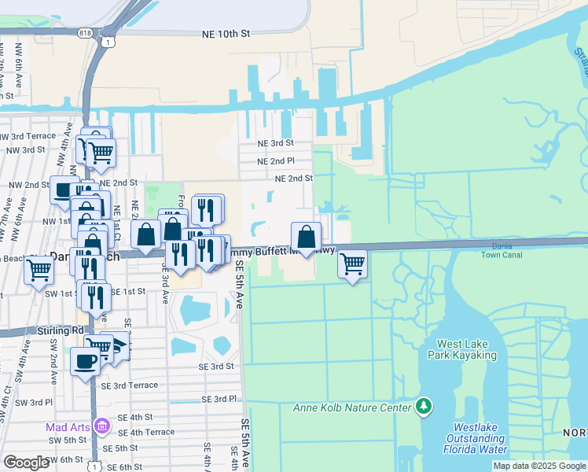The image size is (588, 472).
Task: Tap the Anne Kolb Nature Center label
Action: (x=352, y=407)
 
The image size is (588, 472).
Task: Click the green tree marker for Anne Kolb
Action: (x=424, y=406)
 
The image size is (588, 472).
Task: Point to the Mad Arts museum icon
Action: (x=102, y=426)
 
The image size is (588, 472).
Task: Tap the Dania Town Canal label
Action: (x=502, y=251)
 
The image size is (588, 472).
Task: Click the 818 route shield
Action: (x=85, y=33)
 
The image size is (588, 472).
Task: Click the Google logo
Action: (x=25, y=463)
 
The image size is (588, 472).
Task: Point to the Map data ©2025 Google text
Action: (x=539, y=466)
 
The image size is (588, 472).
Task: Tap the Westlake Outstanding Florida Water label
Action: (x=476, y=439)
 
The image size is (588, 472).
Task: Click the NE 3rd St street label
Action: (x=275, y=143)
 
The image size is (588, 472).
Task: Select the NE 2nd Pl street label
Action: (x=275, y=160)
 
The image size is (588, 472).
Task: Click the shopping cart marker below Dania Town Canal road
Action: (x=353, y=264)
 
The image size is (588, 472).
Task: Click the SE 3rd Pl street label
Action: (x=219, y=400)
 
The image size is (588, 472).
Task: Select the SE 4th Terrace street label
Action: (x=146, y=432)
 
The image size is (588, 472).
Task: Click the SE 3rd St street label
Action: (x=216, y=367)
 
